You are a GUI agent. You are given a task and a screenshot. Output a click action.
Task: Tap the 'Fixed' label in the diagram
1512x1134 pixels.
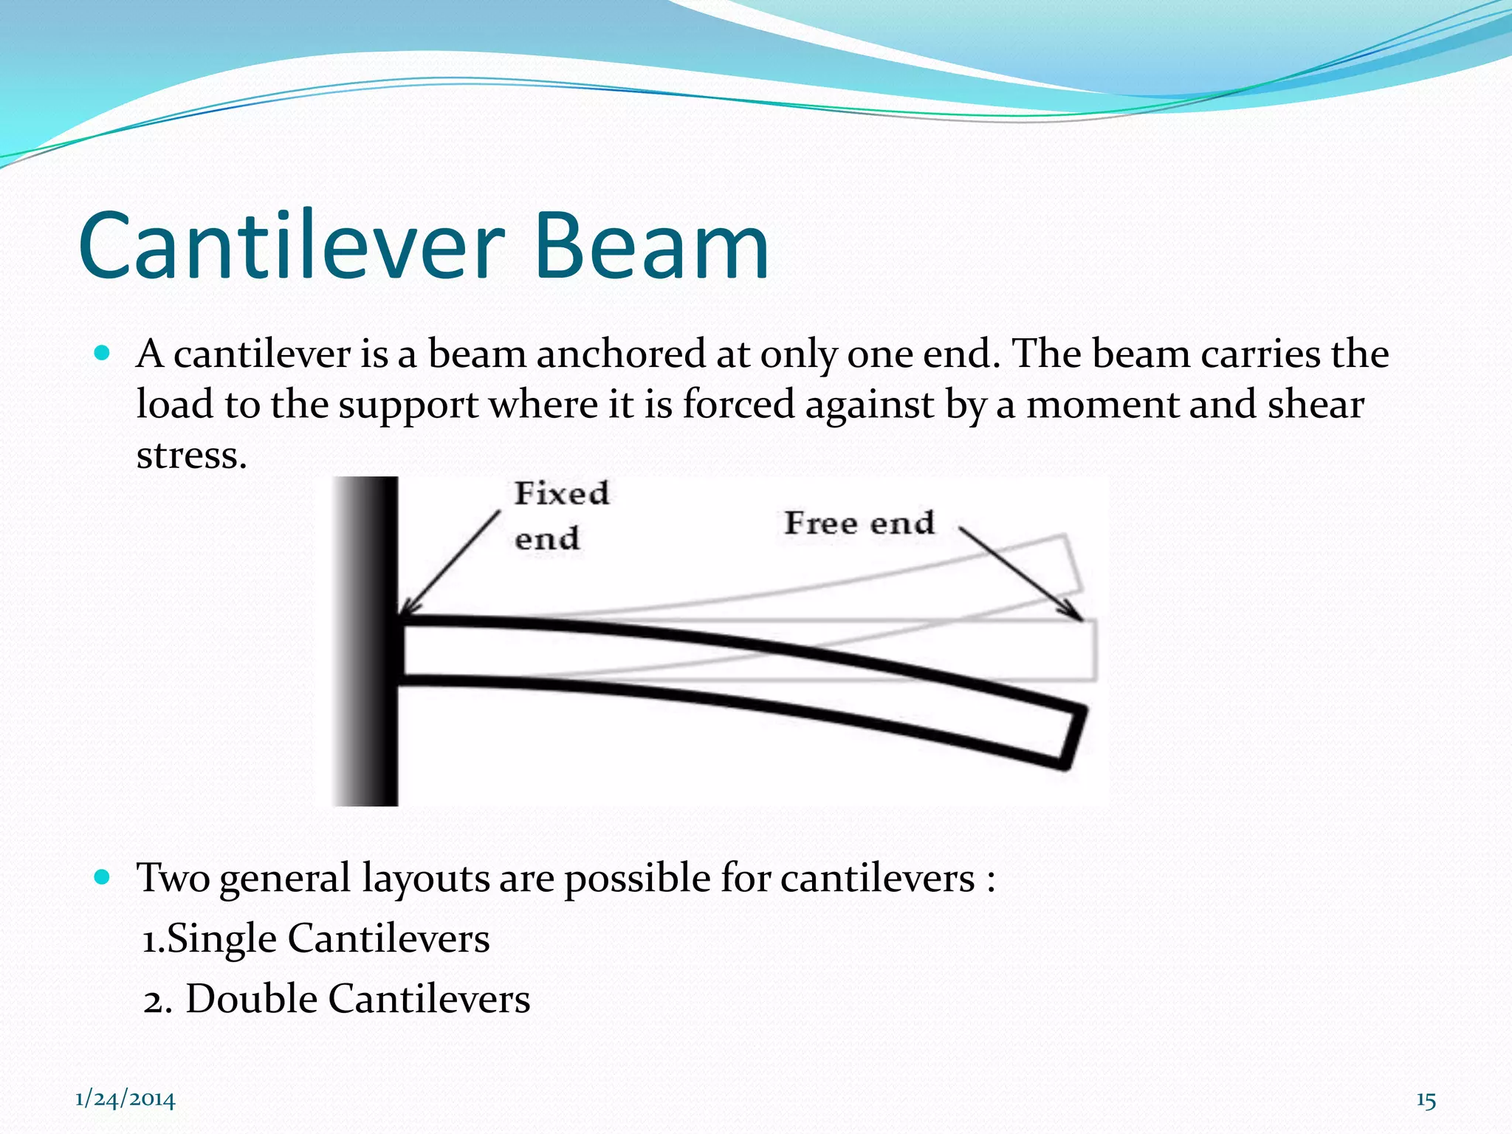pos(562,493)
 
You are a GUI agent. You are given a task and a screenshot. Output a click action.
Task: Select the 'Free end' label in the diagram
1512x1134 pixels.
pos(859,523)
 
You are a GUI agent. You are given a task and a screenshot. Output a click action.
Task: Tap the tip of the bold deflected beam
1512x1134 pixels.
pos(1075,739)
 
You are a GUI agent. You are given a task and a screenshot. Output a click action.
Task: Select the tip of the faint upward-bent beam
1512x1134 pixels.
pos(1073,564)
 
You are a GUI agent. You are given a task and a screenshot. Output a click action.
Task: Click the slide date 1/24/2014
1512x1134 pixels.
pos(126,1099)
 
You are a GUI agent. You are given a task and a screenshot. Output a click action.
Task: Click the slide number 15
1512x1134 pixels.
pos(1426,1100)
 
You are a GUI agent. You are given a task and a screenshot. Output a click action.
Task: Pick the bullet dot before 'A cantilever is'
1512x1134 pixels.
pos(103,353)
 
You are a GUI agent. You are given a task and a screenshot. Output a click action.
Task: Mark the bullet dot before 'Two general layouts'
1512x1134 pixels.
pos(103,877)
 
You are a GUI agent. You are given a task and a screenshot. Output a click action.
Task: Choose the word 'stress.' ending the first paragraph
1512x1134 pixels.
pos(191,455)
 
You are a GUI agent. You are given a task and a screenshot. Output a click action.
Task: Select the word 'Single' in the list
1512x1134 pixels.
pos(222,939)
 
